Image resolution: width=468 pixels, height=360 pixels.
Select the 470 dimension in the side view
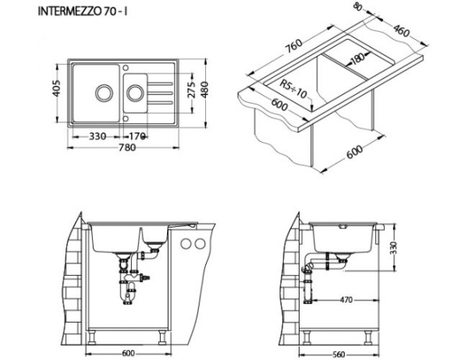(346, 299)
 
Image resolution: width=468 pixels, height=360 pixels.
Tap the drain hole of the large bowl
(102, 92)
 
